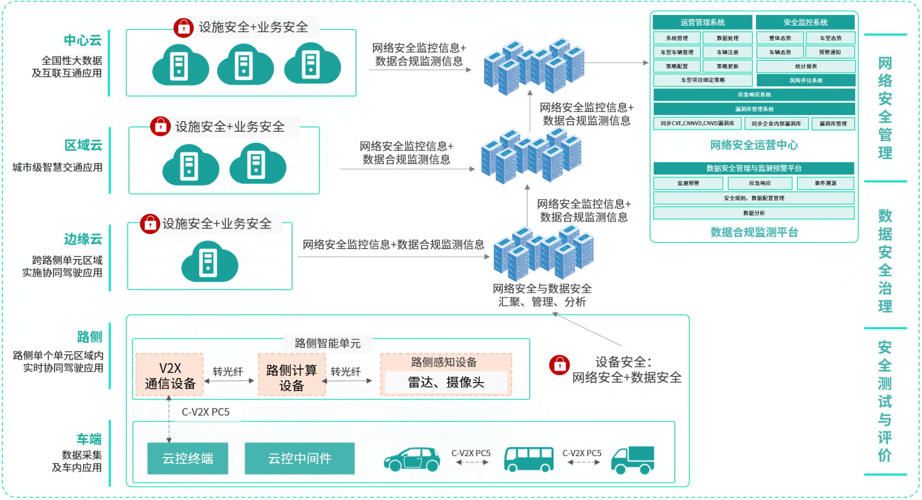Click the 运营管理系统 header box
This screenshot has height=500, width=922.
click(702, 22)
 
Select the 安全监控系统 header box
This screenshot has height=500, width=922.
click(805, 22)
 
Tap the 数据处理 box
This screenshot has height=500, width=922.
click(727, 38)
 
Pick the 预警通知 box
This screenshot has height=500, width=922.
click(830, 52)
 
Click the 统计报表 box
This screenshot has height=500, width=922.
click(806, 66)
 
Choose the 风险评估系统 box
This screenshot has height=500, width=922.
click(806, 80)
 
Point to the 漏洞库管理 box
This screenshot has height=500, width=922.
click(833, 124)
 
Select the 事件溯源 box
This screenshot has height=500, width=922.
click(825, 183)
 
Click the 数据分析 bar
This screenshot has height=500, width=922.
click(754, 213)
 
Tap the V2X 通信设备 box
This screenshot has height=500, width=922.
click(170, 375)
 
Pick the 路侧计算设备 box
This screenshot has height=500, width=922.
click(292, 377)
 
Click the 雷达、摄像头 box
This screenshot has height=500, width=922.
click(446, 382)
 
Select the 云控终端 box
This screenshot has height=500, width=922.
click(188, 458)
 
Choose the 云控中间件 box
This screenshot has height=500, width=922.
click(299, 458)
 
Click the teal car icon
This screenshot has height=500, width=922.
click(412, 459)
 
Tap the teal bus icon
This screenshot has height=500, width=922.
click(528, 459)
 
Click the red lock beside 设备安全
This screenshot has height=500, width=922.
click(559, 365)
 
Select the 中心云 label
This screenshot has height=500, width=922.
click(83, 40)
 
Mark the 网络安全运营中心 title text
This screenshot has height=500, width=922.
click(754, 145)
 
